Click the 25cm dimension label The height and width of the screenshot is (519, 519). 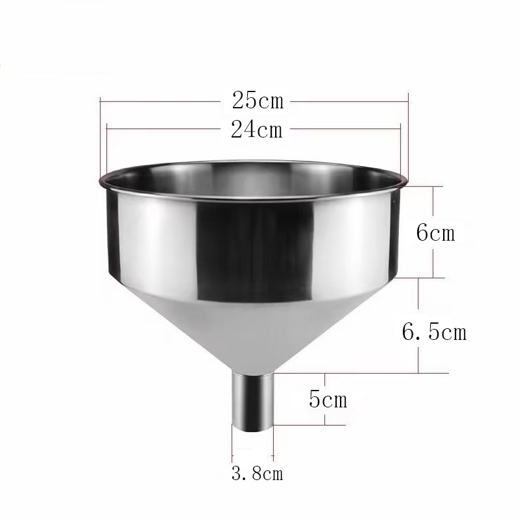[x=257, y=101]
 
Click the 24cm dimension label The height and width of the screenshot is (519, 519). [x=257, y=130]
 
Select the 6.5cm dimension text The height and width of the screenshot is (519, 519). [x=434, y=332]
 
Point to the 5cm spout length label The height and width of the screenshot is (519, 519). [x=328, y=399]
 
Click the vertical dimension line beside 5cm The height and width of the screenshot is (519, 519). [x=325, y=399]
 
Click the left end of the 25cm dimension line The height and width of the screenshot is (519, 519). [x=101, y=101]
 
